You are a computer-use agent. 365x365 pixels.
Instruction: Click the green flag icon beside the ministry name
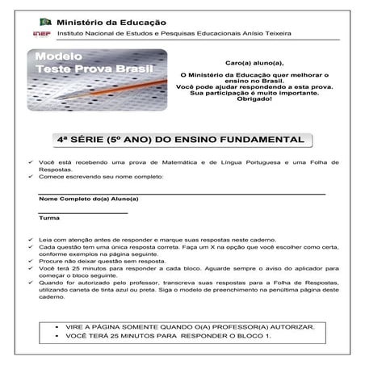tap(47, 22)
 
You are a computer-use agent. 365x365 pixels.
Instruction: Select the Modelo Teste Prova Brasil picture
tap(96, 81)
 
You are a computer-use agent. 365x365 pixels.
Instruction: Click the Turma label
tap(48, 218)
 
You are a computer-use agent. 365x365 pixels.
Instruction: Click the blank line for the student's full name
tap(181, 194)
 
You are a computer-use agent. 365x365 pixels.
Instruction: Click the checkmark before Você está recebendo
tap(31, 162)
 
